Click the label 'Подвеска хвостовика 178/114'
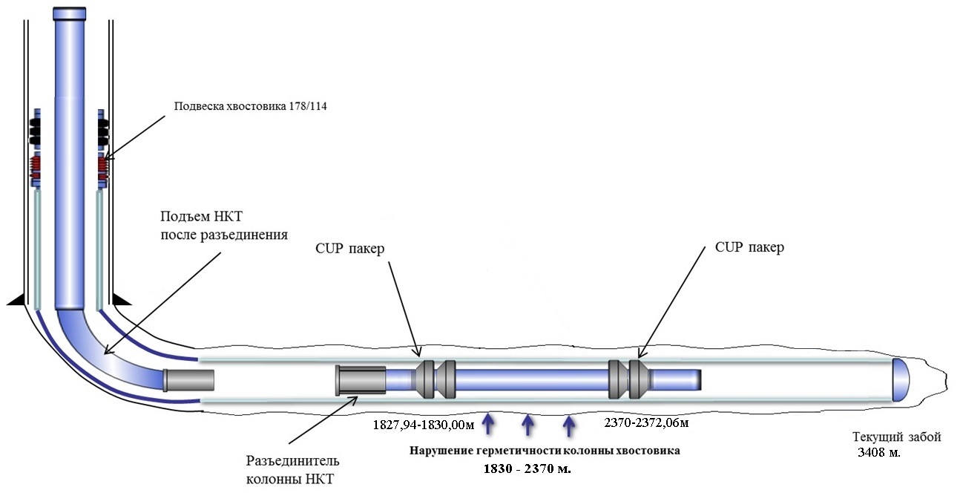[x=250, y=106]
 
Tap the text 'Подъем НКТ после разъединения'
[x=223, y=226]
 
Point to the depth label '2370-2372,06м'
[x=647, y=422]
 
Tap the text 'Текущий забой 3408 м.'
[x=896, y=444]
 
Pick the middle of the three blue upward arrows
[x=528, y=425]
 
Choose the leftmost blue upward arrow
[x=487, y=424]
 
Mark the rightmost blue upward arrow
[x=569, y=425]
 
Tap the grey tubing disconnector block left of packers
[x=361, y=380]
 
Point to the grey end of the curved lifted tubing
[x=188, y=380]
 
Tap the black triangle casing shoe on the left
[x=18, y=298]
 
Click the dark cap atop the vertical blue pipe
[x=70, y=14]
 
